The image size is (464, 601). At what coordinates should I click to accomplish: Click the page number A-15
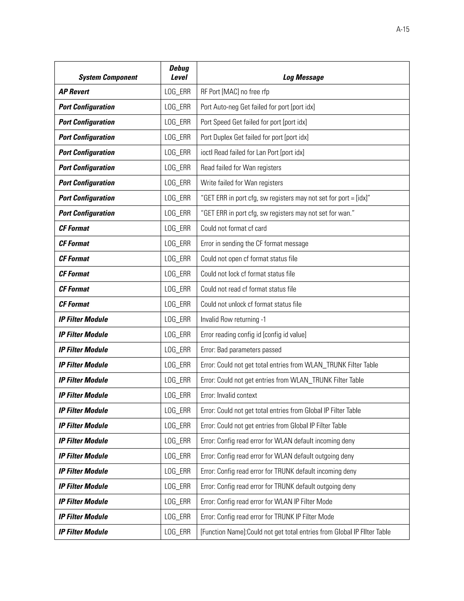tap(402, 29)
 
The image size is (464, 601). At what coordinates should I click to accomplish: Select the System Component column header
tap(108, 77)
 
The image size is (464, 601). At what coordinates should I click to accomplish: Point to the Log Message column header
tap(303, 77)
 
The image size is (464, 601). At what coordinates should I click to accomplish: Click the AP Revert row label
tap(74, 92)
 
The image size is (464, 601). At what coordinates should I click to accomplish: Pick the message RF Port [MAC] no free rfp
tap(235, 92)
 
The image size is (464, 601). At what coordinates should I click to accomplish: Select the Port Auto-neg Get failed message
tap(258, 107)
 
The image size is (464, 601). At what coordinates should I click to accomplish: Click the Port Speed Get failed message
tap(254, 122)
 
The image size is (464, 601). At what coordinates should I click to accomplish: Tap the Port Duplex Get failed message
tap(254, 137)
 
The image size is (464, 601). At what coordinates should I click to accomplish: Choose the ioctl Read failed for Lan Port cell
tap(252, 152)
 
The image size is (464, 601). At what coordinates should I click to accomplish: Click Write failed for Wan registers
tap(242, 183)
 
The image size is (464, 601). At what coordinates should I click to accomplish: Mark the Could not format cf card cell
tap(233, 228)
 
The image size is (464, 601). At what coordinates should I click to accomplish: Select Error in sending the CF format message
tap(254, 244)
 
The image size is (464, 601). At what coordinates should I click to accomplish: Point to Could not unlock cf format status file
tap(251, 304)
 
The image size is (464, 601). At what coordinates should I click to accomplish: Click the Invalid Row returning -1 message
tap(233, 320)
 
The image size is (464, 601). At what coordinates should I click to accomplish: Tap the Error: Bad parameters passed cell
tap(241, 350)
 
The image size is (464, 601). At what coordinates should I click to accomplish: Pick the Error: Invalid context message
tap(229, 395)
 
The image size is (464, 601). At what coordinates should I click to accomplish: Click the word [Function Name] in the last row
tap(223, 532)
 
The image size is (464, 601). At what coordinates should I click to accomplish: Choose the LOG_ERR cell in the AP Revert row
tap(178, 92)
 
